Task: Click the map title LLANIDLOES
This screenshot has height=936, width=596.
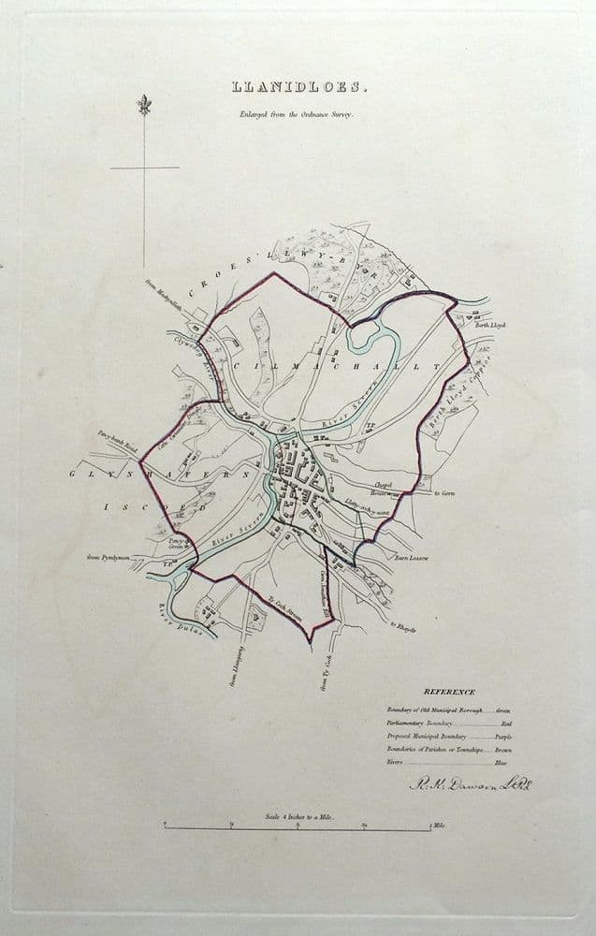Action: click(x=299, y=88)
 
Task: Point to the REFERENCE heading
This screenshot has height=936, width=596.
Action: click(x=449, y=692)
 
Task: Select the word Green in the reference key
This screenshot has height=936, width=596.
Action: click(x=503, y=710)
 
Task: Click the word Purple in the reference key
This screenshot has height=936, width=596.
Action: click(x=502, y=737)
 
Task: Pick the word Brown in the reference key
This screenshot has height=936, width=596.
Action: click(x=503, y=750)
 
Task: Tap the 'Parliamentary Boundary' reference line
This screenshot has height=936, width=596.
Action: click(x=421, y=724)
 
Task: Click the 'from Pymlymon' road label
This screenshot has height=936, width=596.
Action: click(x=106, y=558)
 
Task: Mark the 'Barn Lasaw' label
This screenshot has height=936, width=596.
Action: click(x=411, y=559)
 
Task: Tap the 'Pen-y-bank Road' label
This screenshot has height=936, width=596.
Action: click(x=118, y=439)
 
